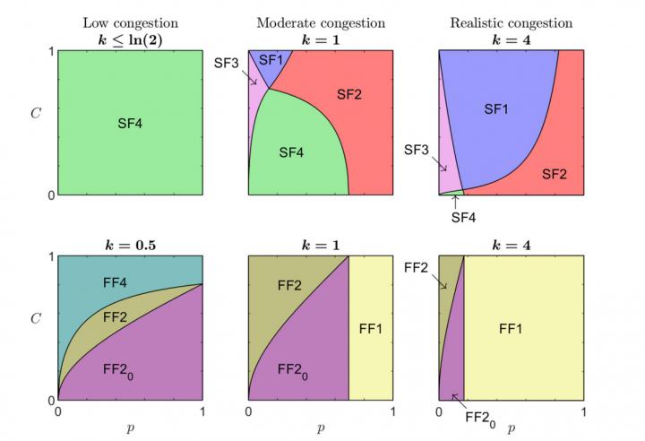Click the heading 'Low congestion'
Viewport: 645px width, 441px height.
pos(129,23)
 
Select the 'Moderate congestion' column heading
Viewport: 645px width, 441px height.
pos(320,23)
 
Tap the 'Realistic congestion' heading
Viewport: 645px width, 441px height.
pos(512,23)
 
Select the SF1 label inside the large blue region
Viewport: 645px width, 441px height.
pos(496,109)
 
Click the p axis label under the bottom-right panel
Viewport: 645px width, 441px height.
pos(512,428)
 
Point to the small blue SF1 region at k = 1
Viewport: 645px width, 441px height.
pos(270,61)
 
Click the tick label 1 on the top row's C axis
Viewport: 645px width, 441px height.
pos(50,50)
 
